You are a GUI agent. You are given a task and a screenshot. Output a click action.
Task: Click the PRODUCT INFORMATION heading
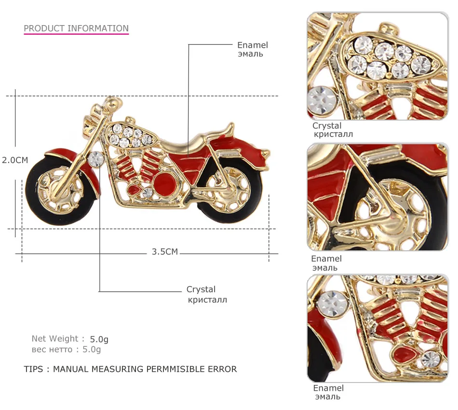pos(76,28)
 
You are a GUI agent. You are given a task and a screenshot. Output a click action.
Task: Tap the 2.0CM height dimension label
pos(15,160)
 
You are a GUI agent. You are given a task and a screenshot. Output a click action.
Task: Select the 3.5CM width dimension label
pos(165,252)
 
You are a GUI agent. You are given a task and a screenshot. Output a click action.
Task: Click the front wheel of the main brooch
pos(61,190)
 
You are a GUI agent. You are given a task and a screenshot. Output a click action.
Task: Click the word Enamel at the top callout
pos(252,45)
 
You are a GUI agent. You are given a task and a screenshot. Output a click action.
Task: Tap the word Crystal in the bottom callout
pos(201,289)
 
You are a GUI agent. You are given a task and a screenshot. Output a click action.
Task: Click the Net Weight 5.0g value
pos(99,339)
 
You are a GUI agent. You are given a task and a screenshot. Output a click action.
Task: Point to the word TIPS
pos(34,369)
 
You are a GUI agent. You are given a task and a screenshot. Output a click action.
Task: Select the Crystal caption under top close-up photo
pos(327,126)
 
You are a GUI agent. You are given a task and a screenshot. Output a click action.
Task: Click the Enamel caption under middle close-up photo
pos(326,259)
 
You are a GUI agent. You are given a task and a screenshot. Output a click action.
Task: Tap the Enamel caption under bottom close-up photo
pos(328,388)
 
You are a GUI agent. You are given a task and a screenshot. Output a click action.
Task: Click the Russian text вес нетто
pos(52,350)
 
